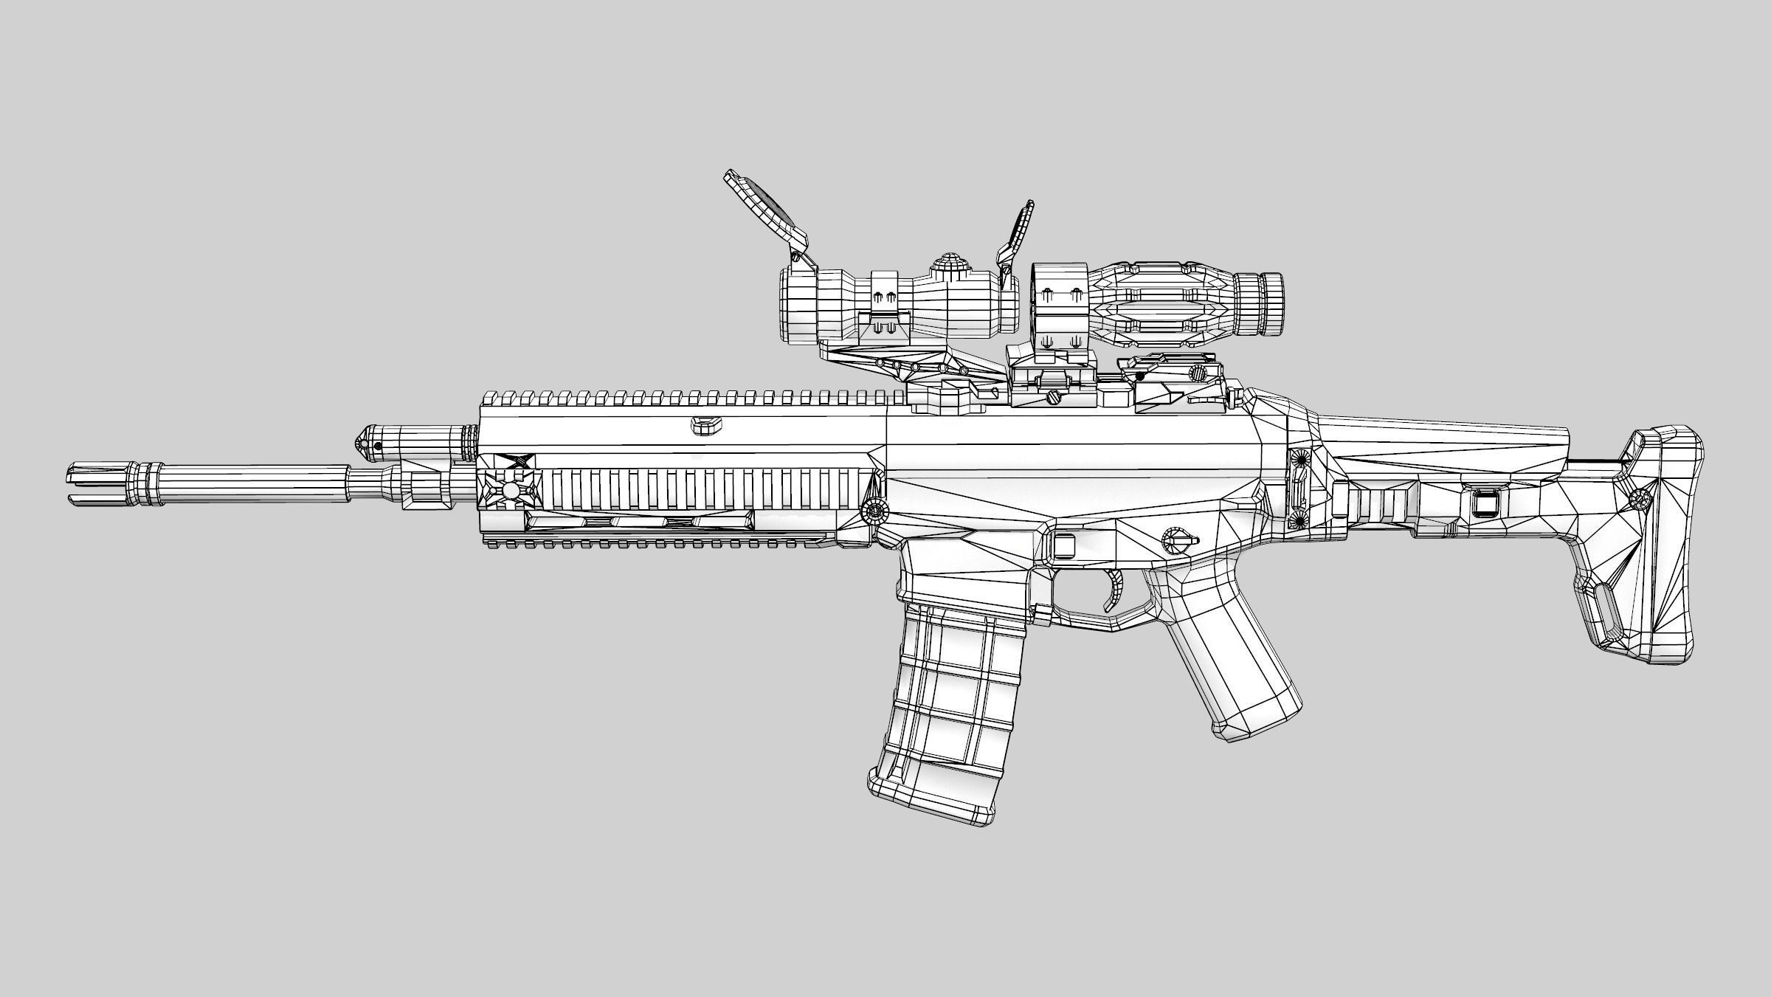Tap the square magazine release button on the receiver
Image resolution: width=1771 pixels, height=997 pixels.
1063,545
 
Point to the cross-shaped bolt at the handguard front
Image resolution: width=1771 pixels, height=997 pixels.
511,489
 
